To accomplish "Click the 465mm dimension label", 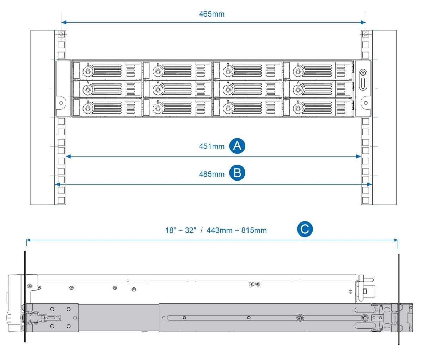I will coord(211,14).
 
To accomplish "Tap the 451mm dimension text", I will coord(211,146).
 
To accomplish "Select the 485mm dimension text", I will coord(211,174).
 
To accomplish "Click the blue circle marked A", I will coord(237,146).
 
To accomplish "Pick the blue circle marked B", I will coord(237,173).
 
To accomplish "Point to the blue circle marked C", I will coord(304,230).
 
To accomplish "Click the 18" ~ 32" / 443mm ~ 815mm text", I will coord(216,231).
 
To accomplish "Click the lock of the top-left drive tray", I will coord(87,72).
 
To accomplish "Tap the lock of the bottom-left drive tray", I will coord(87,109).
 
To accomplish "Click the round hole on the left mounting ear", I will coord(61,103).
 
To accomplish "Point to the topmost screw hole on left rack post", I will coord(61,35).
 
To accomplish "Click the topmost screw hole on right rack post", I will coord(366,35).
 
